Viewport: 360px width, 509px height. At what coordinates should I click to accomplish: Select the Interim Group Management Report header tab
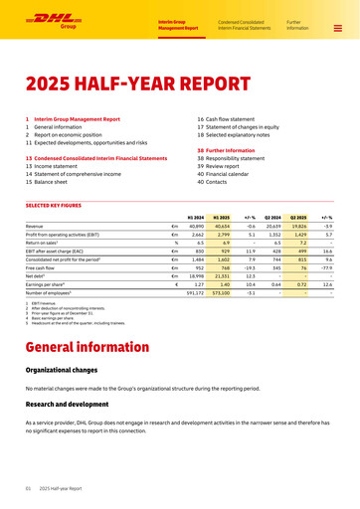coord(178,24)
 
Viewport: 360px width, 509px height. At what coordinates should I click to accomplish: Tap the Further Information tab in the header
coord(297,24)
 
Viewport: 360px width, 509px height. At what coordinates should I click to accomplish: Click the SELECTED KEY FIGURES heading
coord(59,205)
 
